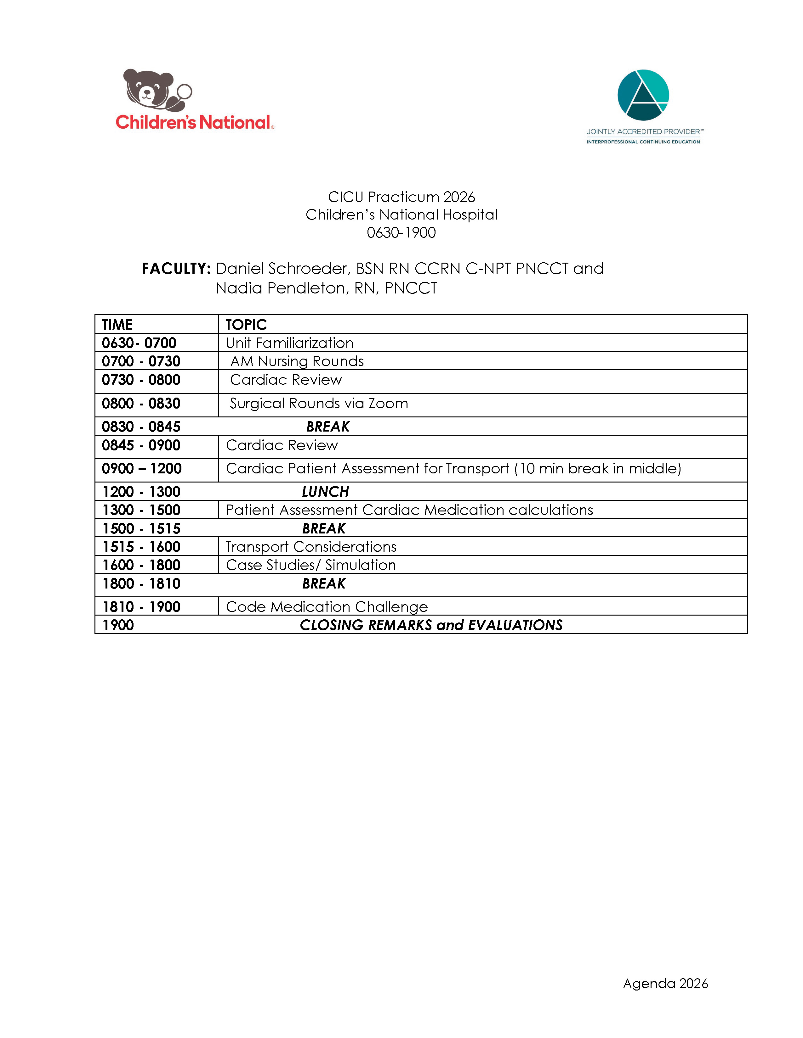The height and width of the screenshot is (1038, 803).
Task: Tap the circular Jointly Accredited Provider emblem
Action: pos(643,95)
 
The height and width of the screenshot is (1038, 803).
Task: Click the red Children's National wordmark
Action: pos(194,123)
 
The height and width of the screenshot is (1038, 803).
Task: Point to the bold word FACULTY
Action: pos(176,269)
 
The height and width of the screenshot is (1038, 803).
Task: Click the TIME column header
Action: pos(117,325)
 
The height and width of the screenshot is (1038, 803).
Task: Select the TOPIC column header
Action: pos(246,325)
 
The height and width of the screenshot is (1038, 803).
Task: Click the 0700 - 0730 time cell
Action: pos(141,361)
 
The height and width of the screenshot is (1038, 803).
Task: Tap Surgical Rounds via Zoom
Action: pos(319,404)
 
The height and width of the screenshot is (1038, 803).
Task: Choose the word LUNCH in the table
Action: pos(325,491)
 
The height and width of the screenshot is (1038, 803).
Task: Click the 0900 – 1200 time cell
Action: pos(142,469)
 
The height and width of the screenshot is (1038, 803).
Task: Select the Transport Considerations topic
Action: pos(310,547)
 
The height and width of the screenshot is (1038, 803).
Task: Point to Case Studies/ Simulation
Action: pos(310,565)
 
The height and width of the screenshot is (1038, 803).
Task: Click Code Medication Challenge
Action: pos(327,607)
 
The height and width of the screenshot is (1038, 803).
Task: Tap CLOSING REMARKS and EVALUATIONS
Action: pos(431,625)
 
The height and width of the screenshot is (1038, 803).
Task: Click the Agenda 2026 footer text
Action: pos(665,983)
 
